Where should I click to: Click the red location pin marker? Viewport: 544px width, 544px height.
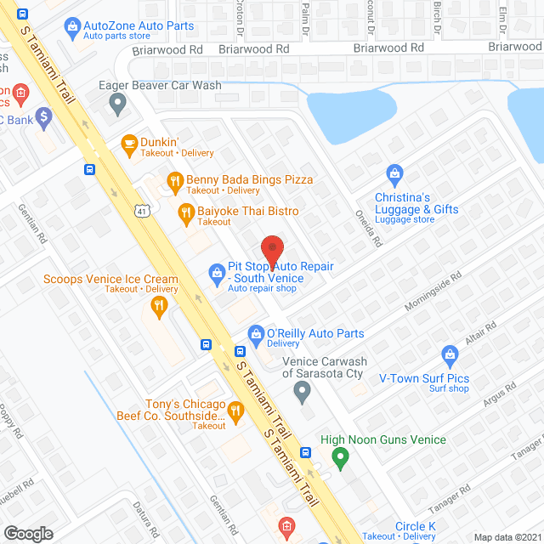(271, 250)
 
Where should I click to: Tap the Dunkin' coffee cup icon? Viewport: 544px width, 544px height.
(129, 144)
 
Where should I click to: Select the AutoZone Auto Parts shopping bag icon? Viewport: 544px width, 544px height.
(74, 26)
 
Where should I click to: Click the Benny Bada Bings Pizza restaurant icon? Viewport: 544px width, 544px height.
(175, 180)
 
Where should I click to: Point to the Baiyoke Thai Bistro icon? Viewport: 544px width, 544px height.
(185, 212)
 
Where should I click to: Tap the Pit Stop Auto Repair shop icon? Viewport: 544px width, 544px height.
(217, 273)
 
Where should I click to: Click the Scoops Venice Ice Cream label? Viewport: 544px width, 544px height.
(111, 279)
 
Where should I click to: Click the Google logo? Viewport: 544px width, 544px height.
(28, 533)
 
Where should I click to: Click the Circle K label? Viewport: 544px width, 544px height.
(415, 527)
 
